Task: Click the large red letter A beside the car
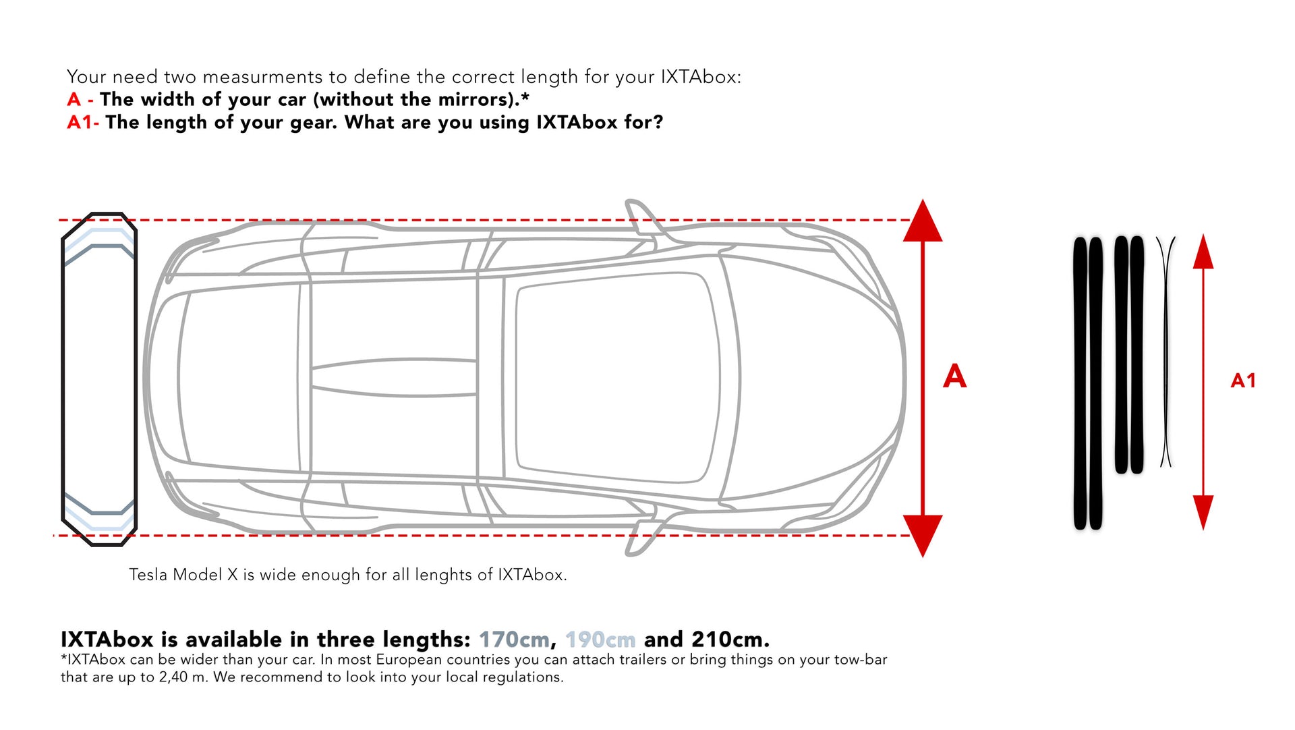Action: click(x=954, y=376)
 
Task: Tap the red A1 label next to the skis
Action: click(x=1243, y=381)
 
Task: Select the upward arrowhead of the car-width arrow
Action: click(x=923, y=220)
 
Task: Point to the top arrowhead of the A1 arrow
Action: click(x=1203, y=252)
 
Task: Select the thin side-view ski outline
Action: click(x=1165, y=351)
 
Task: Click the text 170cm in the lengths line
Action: click(x=514, y=639)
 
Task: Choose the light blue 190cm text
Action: click(x=600, y=639)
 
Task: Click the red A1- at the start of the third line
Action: click(x=83, y=122)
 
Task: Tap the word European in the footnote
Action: click(x=409, y=660)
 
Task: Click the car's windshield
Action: click(x=728, y=378)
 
